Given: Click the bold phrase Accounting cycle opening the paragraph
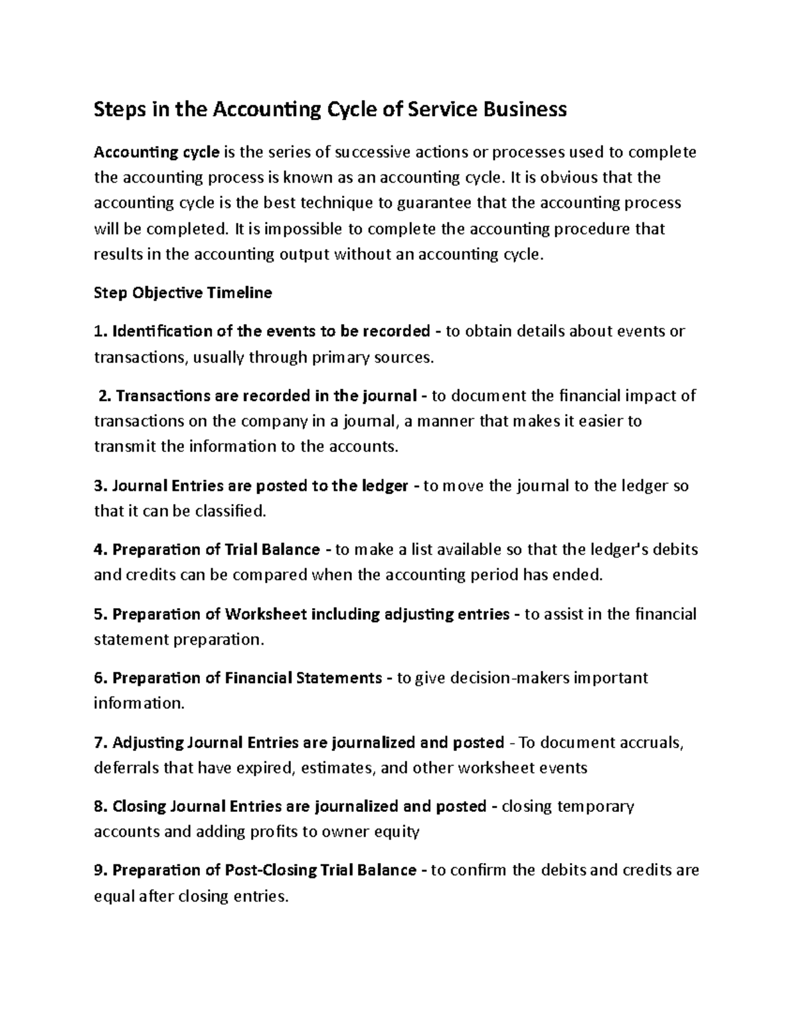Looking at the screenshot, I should point(156,153).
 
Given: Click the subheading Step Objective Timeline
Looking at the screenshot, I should point(183,293).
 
